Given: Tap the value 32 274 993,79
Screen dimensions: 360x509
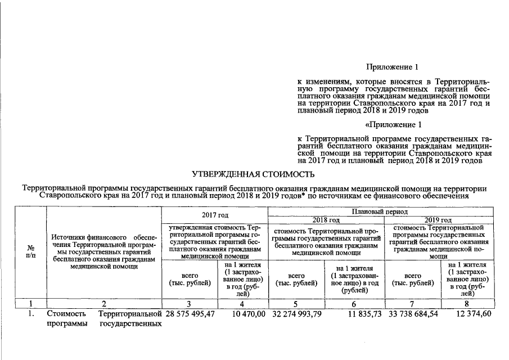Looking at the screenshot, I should [x=296, y=313].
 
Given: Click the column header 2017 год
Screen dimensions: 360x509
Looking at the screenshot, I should [x=215, y=215].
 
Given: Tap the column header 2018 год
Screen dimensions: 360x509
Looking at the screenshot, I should [x=326, y=219].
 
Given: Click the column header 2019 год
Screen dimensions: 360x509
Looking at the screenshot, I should [x=439, y=219].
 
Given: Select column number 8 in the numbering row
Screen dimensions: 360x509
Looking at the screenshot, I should [x=467, y=304].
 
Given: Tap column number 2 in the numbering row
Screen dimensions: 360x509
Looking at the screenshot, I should [x=103, y=304].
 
